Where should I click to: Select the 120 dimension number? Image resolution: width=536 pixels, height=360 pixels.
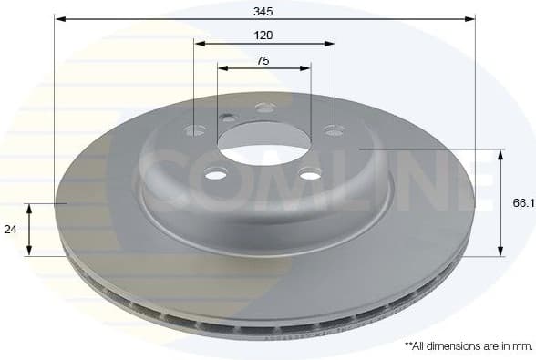(264, 35)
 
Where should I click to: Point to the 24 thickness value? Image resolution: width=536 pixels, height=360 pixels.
(11, 230)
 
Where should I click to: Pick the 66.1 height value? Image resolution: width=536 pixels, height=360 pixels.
(522, 205)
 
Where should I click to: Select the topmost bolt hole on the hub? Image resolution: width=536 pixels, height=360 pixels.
(265, 108)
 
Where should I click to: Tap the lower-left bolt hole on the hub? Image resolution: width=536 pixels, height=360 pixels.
(215, 174)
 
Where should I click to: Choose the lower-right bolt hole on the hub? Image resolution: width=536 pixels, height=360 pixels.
(310, 174)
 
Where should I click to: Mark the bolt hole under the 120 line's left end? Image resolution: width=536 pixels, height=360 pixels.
(194, 130)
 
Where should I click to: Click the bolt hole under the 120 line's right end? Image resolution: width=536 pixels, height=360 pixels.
(335, 130)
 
